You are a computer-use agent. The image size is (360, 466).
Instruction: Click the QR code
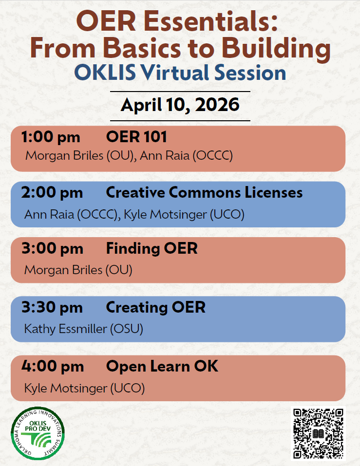[x=318, y=433]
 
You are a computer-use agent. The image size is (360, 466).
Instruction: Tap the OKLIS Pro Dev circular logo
[x=38, y=433]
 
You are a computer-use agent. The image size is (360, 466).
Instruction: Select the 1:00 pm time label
[x=51, y=137]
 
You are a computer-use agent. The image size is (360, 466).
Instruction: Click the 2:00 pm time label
[x=52, y=192]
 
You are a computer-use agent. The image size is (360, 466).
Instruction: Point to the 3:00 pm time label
[x=52, y=248]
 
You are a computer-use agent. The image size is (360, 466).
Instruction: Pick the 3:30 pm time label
[x=52, y=307]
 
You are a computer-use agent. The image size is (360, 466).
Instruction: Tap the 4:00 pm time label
[x=52, y=366]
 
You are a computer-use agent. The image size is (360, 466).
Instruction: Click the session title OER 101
[x=136, y=137]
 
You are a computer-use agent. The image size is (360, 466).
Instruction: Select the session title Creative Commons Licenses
[x=204, y=192]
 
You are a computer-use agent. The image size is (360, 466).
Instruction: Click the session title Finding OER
[x=152, y=248]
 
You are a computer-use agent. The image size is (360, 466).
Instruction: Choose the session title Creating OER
[x=155, y=307]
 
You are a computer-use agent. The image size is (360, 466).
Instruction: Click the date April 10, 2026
[x=180, y=105]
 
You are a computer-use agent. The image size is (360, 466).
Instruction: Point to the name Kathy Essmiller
[x=65, y=329]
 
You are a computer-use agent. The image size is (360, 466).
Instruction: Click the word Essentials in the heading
[x=211, y=21]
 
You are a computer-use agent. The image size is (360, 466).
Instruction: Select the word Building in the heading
[x=276, y=49]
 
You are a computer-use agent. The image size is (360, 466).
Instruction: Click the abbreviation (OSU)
[x=127, y=329]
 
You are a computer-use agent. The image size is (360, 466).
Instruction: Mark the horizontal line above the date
[x=180, y=92]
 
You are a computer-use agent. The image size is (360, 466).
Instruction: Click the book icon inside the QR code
[x=318, y=433]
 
